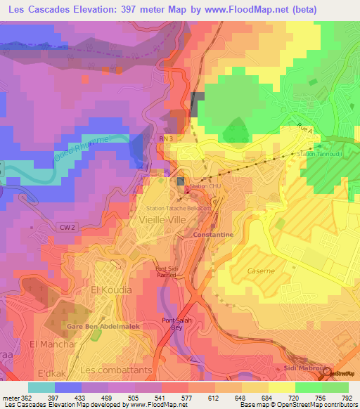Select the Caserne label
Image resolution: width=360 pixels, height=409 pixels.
pyautogui.click(x=261, y=270)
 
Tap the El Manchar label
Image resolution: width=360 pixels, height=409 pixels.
pyautogui.click(x=53, y=344)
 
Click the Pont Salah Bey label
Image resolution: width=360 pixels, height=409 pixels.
pyautogui.click(x=177, y=323)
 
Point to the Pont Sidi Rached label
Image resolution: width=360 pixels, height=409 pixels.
pyautogui.click(x=167, y=271)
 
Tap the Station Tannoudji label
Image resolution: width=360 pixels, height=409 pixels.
pyautogui.click(x=319, y=154)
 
